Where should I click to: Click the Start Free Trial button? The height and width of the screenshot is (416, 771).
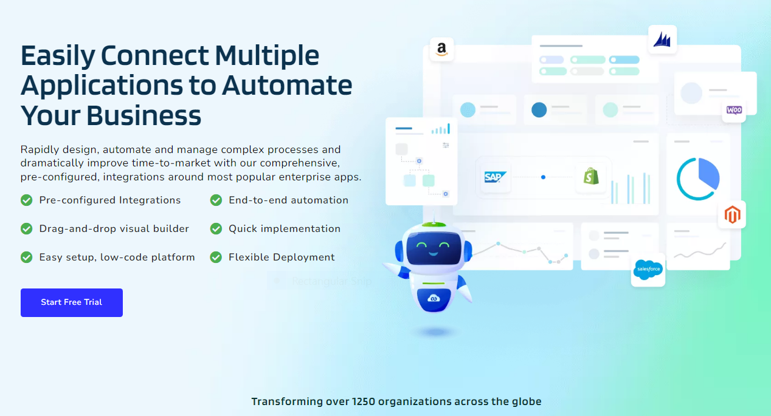tap(72, 302)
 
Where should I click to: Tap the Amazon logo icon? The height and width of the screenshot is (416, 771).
tap(441, 50)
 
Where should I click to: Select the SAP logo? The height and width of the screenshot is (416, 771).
tap(495, 177)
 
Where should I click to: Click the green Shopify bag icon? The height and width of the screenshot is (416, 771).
tap(591, 176)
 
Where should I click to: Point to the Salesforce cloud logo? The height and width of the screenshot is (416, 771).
tap(648, 270)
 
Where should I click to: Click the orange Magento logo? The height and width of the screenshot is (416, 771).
tap(732, 215)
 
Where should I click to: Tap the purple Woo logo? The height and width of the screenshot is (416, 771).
tap(734, 110)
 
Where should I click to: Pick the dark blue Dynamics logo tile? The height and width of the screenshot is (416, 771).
tap(662, 39)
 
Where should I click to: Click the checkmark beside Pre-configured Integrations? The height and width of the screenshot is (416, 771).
tap(27, 200)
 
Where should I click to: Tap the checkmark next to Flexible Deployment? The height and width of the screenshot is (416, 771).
tap(216, 257)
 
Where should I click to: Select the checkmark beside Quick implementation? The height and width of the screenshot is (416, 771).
tap(216, 228)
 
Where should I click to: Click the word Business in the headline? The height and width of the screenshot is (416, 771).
tap(143, 115)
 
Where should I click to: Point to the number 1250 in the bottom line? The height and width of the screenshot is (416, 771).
tap(363, 401)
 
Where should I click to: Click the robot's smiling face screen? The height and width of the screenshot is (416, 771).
tap(434, 248)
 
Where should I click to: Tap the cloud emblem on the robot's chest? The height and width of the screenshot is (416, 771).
tap(434, 298)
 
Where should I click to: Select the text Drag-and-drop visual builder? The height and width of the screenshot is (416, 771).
tap(114, 228)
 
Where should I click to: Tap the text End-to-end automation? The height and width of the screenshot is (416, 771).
tap(288, 200)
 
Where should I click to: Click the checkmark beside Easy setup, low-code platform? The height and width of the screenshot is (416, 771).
tap(27, 257)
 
